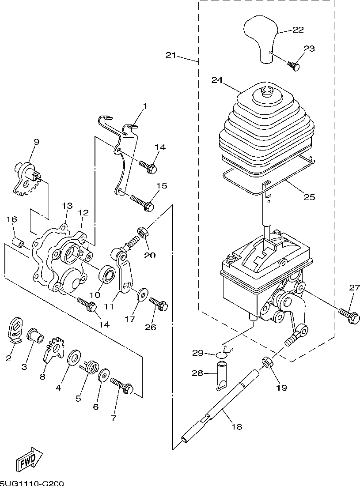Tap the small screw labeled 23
pos(295,66)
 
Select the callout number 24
pos(217,80)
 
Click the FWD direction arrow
pos(29,458)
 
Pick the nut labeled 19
pos(267,362)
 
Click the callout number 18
pos(237,427)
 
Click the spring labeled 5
pos(91,368)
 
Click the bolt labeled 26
pos(159,304)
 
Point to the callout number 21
pos(171,56)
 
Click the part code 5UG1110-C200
pos(32,483)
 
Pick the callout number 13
pos(67,206)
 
